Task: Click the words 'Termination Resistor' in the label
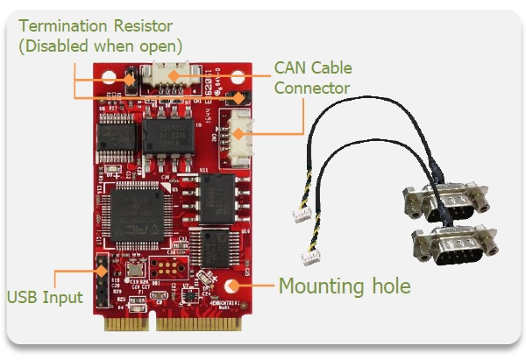pyautogui.click(x=96, y=25)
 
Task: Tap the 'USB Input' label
pyautogui.click(x=45, y=297)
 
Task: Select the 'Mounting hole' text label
pyautogui.click(x=345, y=286)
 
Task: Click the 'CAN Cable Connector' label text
pyautogui.click(x=313, y=78)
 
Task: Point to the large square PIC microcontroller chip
pyautogui.click(x=137, y=215)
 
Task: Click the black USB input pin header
pyautogui.click(x=103, y=280)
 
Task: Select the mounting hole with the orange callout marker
pyautogui.click(x=231, y=286)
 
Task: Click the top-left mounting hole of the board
pyautogui.click(x=109, y=77)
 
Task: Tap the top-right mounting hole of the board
pyautogui.click(x=238, y=77)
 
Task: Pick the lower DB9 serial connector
pyautogui.click(x=455, y=245)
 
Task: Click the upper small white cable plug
pyautogui.click(x=302, y=215)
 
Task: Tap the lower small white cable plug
pyautogui.click(x=310, y=258)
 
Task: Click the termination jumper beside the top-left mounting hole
pyautogui.click(x=131, y=80)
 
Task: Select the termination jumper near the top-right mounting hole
pyautogui.click(x=238, y=98)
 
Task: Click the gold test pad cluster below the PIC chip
pyautogui.click(x=167, y=267)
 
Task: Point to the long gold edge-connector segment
pyautogui.click(x=199, y=324)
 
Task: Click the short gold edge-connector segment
pyautogui.click(x=126, y=324)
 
